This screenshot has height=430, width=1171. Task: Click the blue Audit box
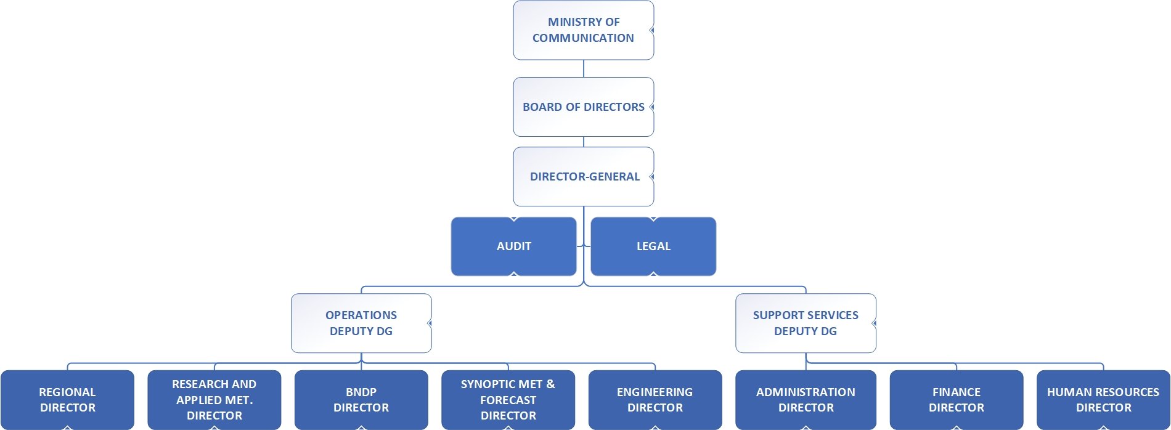pos(513,246)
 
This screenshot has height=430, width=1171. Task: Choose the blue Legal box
pos(653,246)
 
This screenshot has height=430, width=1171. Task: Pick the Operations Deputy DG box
pos(361,323)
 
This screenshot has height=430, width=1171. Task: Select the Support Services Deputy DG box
pos(806,323)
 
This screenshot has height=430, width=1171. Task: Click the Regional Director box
pos(67,400)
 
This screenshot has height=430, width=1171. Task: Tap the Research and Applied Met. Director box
pos(214,400)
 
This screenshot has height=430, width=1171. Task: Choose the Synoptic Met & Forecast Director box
pos(508,400)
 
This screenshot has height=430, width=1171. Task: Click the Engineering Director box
pos(655,400)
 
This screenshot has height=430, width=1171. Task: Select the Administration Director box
pos(806,400)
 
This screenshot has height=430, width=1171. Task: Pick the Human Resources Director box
pos(1103,400)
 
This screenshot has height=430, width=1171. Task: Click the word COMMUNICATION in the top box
pos(583,38)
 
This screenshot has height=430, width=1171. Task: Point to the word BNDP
pos(361,392)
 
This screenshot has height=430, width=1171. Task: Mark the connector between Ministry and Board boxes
pos(584,68)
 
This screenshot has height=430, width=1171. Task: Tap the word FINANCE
pos(956,392)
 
